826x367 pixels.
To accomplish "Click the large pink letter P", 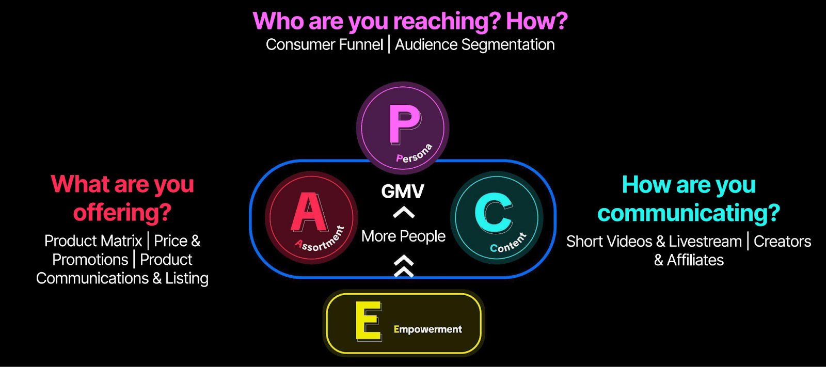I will (x=404, y=124).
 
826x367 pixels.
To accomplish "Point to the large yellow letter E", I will (x=369, y=321).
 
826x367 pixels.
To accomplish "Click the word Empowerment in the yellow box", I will (x=427, y=329).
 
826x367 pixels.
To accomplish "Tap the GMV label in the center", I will (x=403, y=192).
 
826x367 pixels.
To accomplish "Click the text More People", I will (x=403, y=236).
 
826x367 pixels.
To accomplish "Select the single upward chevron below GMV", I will (x=403, y=212).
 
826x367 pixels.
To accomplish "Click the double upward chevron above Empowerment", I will (x=404, y=266).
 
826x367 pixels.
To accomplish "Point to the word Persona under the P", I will (x=414, y=154).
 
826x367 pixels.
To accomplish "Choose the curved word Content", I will (x=509, y=243).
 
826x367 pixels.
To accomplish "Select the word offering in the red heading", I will (x=122, y=212).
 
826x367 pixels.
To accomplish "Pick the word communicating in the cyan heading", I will (x=688, y=213).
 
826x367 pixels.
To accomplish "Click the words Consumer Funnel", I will (x=324, y=45).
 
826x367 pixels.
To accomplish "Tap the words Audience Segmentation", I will (x=475, y=45).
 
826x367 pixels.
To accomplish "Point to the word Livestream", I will (x=705, y=242).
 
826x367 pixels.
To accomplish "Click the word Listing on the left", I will (x=187, y=279).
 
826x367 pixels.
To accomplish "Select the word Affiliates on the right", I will (x=695, y=260).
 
